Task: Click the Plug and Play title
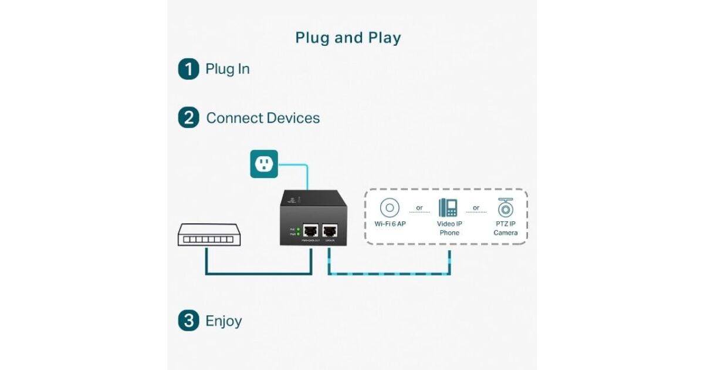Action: click(x=348, y=38)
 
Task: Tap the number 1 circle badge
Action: click(x=188, y=69)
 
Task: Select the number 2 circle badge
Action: click(x=188, y=117)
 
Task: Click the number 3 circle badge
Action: click(x=188, y=321)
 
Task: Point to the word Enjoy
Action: click(x=224, y=321)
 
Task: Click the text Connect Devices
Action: click(x=263, y=118)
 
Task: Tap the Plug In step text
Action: click(x=228, y=69)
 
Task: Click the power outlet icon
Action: click(x=264, y=164)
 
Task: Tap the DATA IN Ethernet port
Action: click(x=329, y=230)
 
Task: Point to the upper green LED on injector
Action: click(x=298, y=228)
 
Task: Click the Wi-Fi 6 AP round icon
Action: click(x=390, y=208)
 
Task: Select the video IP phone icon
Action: click(x=448, y=207)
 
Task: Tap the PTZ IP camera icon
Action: click(x=505, y=207)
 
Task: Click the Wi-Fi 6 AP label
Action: click(x=390, y=224)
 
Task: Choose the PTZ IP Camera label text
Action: click(x=505, y=228)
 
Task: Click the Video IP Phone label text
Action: click(x=449, y=228)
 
